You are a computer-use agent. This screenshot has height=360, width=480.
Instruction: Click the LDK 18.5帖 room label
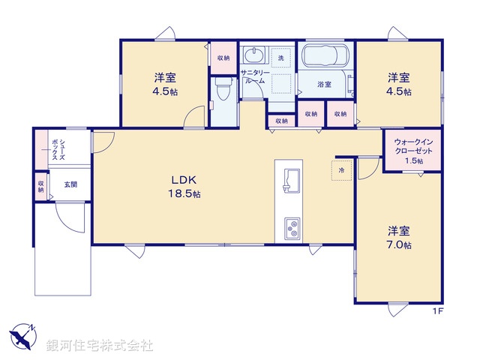click(x=185, y=186)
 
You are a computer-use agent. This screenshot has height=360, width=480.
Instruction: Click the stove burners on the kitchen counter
click(x=290, y=226)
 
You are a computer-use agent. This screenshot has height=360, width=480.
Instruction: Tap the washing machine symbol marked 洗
click(x=280, y=58)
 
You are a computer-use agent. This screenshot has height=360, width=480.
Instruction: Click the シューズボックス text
click(x=56, y=150)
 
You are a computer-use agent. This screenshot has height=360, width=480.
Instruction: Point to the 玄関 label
click(x=70, y=184)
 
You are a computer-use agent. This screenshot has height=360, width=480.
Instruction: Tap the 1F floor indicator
click(x=437, y=310)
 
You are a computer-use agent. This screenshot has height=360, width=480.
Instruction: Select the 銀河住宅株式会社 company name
click(x=99, y=345)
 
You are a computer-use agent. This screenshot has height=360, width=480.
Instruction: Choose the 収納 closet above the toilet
click(x=223, y=58)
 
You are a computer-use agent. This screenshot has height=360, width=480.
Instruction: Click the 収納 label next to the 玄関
click(x=41, y=186)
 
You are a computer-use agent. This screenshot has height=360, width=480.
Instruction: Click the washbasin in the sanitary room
click(x=254, y=56)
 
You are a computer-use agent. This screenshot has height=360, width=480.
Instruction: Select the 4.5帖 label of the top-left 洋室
click(x=165, y=84)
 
